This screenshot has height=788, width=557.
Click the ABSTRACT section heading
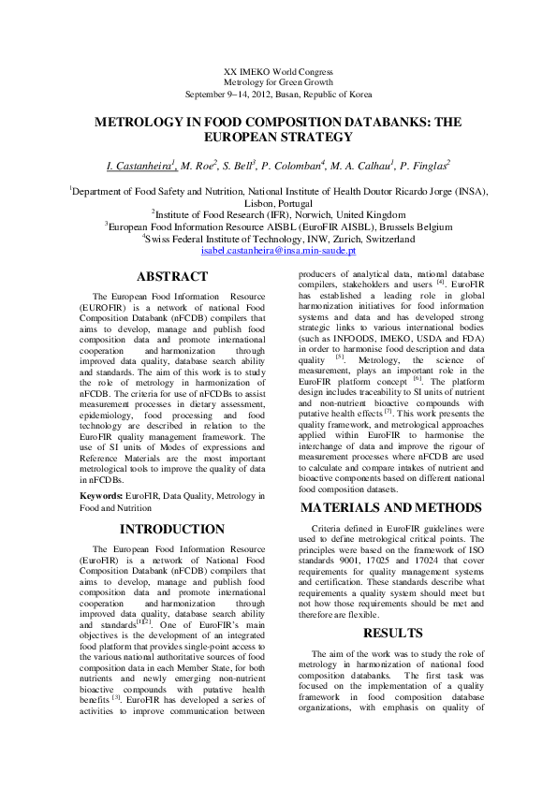coord(172,276)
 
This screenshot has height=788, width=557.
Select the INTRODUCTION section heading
coord(172,530)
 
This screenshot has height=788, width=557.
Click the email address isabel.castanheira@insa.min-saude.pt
coord(278,252)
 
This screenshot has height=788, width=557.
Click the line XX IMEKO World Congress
coord(279,72)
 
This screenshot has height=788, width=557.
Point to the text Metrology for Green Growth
coord(279,83)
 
